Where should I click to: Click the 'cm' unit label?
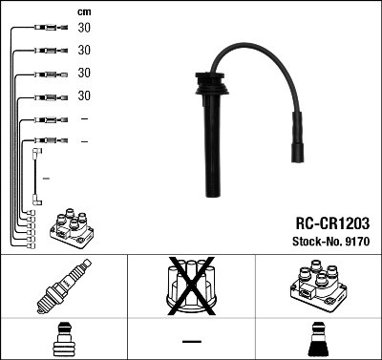click(84, 11)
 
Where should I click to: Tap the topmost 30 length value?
click(84, 28)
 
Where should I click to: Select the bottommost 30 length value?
click(84, 95)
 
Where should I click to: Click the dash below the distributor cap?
click(190, 341)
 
